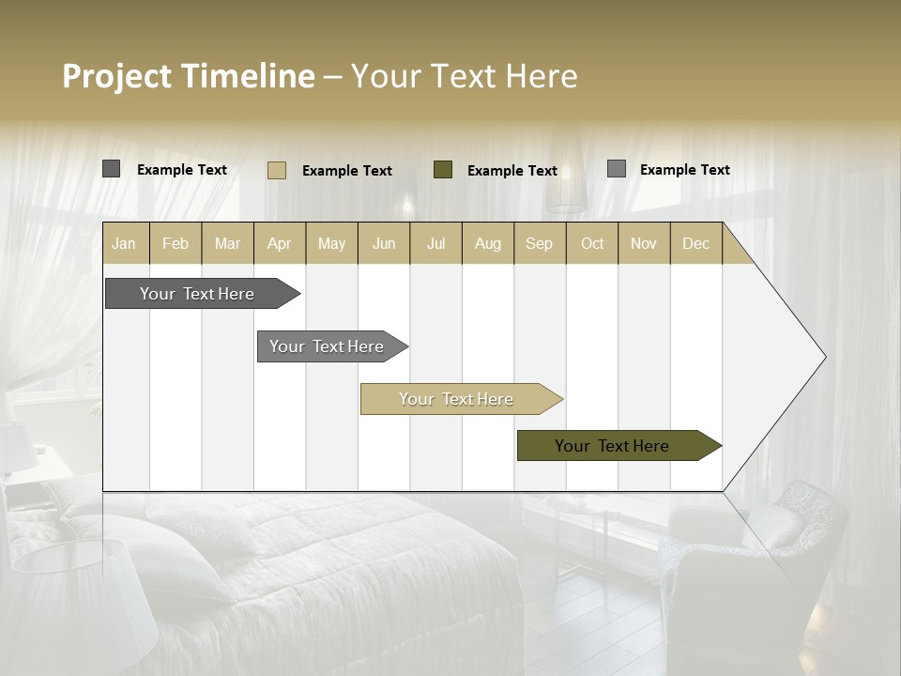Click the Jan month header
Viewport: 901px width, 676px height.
[124, 243]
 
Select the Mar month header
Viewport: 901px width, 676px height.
[227, 243]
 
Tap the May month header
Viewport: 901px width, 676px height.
[331, 243]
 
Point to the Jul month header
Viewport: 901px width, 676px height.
[435, 243]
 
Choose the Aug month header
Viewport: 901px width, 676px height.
[487, 243]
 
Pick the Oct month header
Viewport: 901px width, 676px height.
[592, 243]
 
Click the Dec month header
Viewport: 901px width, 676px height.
[695, 243]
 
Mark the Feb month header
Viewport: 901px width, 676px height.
[176, 243]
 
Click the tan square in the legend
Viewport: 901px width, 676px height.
[277, 170]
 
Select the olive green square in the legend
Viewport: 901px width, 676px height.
[443, 170]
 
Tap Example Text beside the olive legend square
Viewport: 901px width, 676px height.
[512, 171]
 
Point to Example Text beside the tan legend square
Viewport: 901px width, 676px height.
[346, 171]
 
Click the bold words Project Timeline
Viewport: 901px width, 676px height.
[188, 76]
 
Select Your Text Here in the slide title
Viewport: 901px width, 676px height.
[464, 76]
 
